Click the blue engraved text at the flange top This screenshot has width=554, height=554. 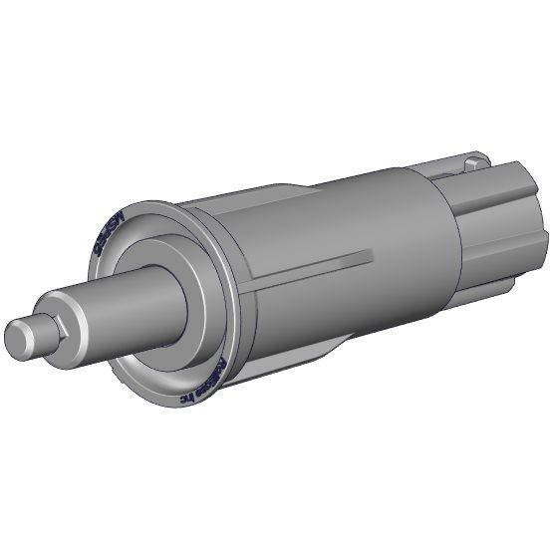pyautogui.click(x=103, y=236)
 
